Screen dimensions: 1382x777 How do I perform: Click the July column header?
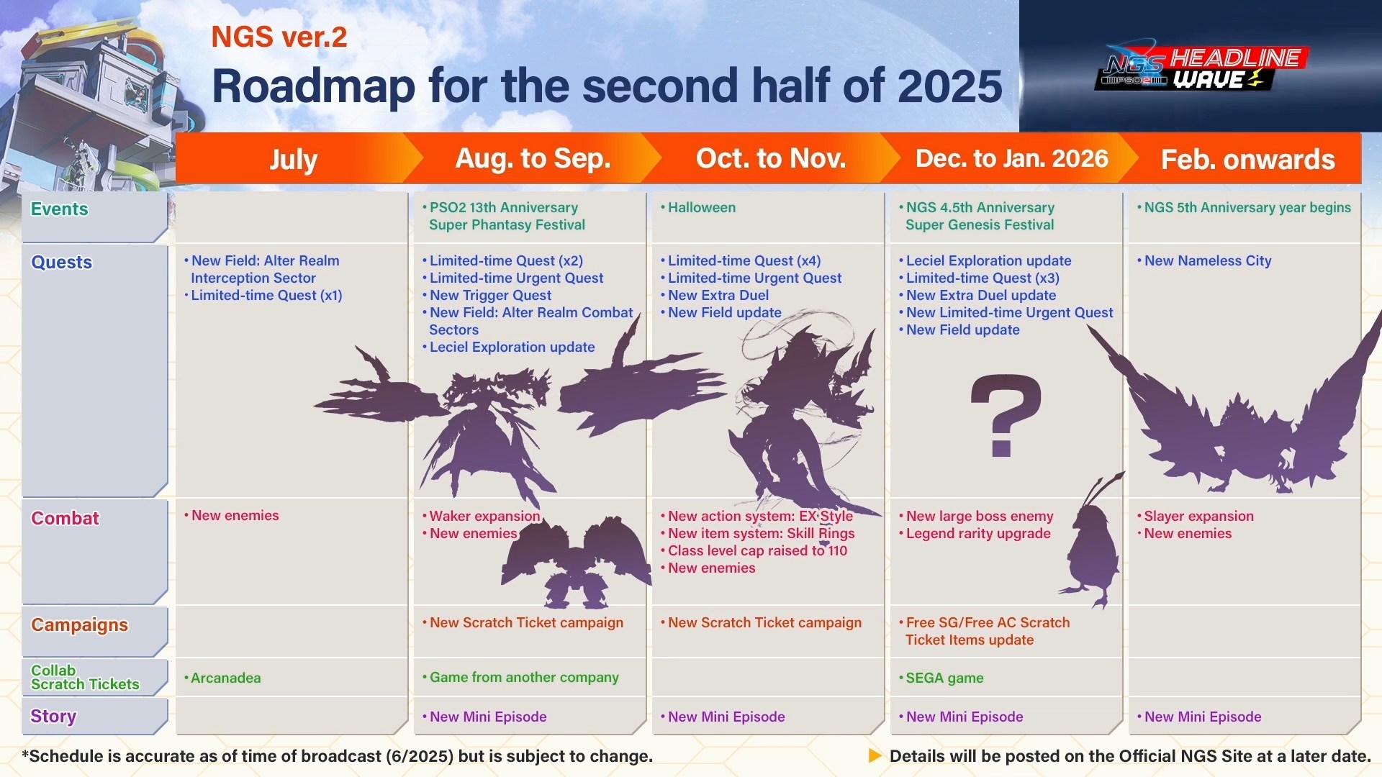[x=293, y=159]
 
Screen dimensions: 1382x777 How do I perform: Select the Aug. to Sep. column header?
[x=533, y=158]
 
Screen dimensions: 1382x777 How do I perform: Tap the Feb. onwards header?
[x=1247, y=159]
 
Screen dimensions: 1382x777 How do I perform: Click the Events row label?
[x=59, y=209]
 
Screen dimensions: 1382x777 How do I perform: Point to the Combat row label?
[x=65, y=518]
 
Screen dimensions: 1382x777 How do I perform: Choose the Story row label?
[x=53, y=717]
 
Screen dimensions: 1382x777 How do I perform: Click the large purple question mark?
[x=1006, y=415]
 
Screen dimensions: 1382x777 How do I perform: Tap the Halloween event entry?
[x=702, y=208]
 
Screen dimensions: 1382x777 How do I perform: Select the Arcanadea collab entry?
[x=225, y=678]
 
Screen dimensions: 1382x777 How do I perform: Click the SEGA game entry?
[x=944, y=678]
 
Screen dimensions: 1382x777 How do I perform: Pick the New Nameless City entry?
[x=1208, y=261]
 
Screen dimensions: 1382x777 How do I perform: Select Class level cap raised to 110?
[x=757, y=550]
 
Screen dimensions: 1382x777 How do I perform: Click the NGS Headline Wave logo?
[x=1201, y=68]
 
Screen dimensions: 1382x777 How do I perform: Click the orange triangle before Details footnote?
[x=875, y=756]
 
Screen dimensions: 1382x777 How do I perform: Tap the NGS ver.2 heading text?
[x=279, y=37]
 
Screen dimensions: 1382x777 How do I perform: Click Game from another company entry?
[x=524, y=677]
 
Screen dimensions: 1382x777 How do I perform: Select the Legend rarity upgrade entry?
[x=978, y=533]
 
